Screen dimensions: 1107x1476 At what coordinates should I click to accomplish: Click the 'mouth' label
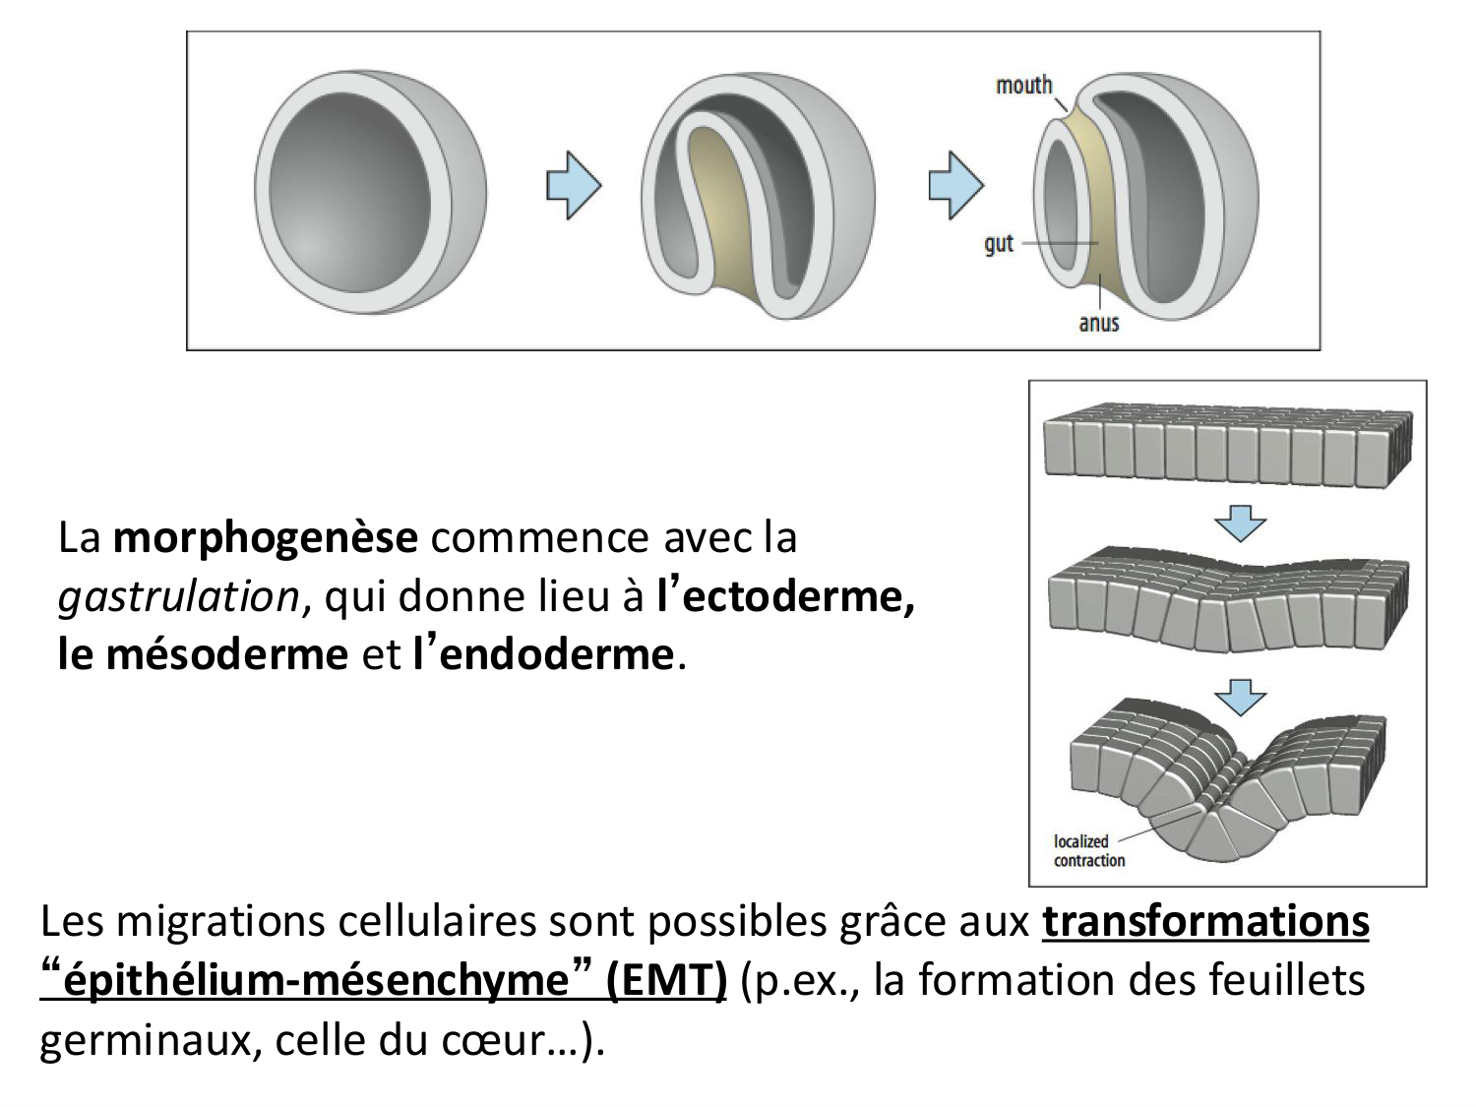(1023, 86)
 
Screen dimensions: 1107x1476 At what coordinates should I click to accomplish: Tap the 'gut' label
(998, 243)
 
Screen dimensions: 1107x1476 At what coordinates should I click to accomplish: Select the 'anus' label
(1098, 323)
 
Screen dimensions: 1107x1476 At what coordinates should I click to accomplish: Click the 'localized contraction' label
(1088, 851)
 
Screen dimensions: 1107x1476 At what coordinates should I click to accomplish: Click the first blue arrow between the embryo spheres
(574, 184)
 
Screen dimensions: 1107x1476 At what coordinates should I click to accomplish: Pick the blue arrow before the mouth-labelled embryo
(955, 184)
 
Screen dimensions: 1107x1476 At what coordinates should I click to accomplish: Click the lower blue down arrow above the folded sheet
(1240, 696)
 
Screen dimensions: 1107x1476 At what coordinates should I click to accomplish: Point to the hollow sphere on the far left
(369, 190)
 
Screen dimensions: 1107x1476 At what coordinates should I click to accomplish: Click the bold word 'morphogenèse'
(266, 537)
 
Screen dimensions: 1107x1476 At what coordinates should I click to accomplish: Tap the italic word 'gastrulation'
(178, 596)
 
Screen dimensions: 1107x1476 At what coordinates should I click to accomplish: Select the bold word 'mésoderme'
(226, 654)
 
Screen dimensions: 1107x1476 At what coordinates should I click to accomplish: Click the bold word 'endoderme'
(556, 654)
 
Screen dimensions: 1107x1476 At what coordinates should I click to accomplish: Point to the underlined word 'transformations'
(1205, 922)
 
